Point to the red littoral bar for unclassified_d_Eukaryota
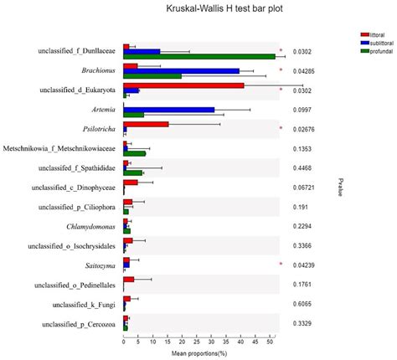(183, 85)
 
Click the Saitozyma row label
(101, 265)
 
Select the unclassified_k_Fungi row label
(86, 304)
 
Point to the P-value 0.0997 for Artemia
(301, 110)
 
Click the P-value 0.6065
(301, 304)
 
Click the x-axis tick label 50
(270, 342)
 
